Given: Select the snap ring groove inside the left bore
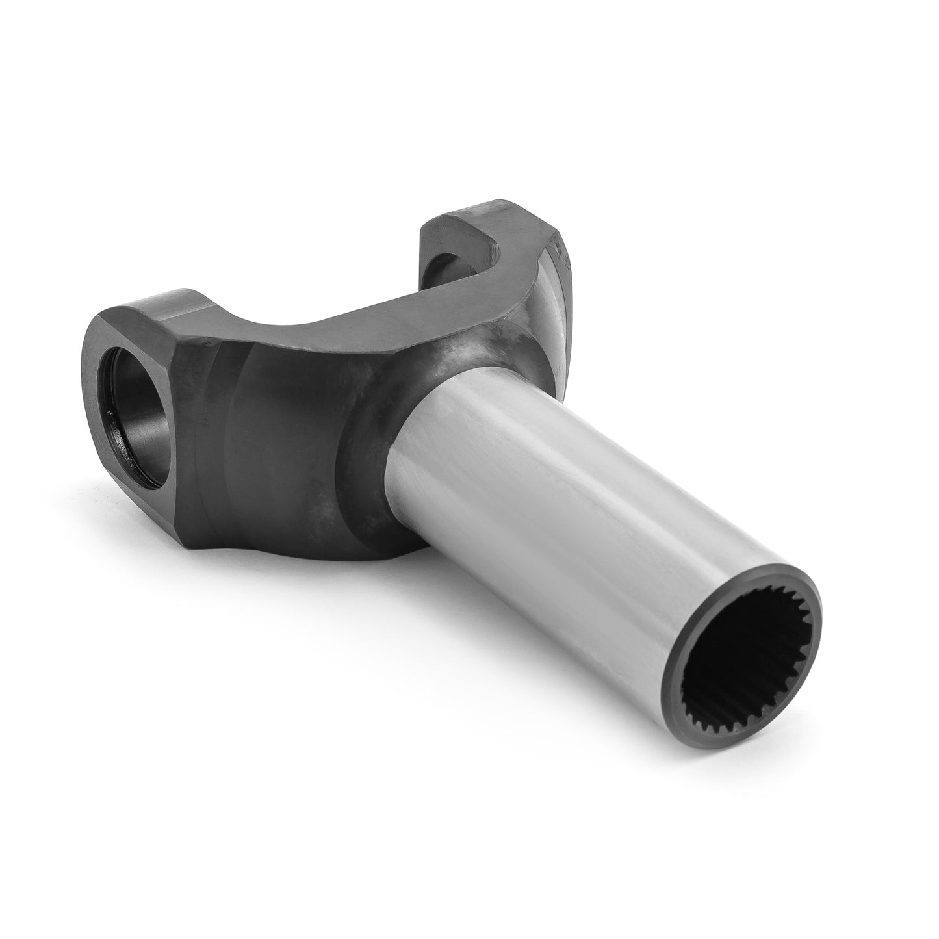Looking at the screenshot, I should pyautogui.click(x=110, y=416).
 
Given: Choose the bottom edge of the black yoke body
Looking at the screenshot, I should pyautogui.click(x=286, y=552).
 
